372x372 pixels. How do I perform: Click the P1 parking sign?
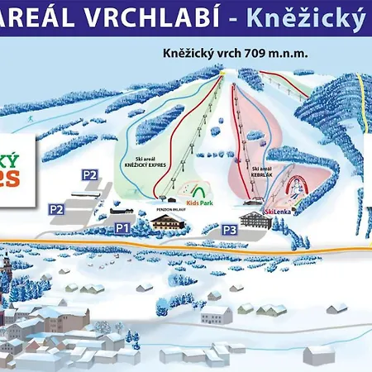pyautogui.click(x=122, y=227)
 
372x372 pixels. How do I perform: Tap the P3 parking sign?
pyautogui.click(x=231, y=229)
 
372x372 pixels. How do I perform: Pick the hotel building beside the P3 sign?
pyautogui.click(x=252, y=218)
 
